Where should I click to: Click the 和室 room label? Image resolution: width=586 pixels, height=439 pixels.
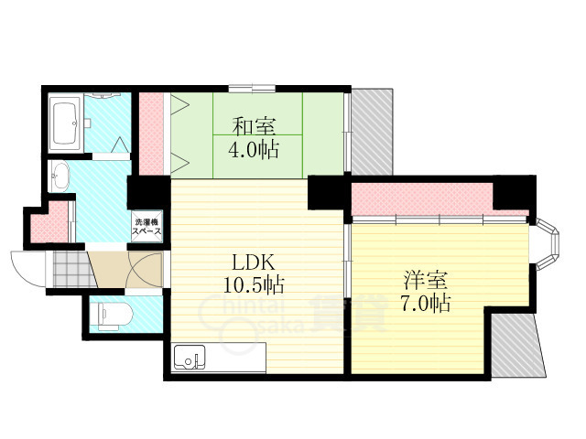tap(255, 127)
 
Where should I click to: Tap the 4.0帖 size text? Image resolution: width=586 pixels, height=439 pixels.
tap(254, 150)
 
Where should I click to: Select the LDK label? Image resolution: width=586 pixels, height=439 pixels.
tap(254, 262)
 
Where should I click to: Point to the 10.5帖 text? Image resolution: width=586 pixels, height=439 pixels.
tap(254, 285)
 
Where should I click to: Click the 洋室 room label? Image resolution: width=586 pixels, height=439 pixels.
tap(425, 280)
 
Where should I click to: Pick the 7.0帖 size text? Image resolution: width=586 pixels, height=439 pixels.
tap(425, 303)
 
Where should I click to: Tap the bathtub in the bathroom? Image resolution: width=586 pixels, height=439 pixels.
tap(65, 122)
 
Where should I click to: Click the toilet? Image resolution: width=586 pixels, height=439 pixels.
tap(114, 316)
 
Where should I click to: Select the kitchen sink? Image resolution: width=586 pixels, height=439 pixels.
tap(190, 358)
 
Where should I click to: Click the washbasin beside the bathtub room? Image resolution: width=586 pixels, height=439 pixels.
tap(59, 177)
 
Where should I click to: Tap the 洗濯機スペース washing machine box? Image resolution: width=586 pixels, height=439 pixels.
tap(146, 227)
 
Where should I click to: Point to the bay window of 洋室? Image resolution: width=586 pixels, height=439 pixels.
tap(548, 244)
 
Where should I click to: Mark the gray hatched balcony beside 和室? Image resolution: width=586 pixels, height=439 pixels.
tap(373, 132)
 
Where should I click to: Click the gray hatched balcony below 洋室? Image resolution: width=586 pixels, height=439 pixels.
tap(517, 346)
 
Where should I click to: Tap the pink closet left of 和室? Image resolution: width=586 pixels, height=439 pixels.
tap(151, 134)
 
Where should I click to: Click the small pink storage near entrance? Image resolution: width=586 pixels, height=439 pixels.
tap(49, 222)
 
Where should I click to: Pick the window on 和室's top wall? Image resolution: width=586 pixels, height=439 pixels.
tap(252, 89)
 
